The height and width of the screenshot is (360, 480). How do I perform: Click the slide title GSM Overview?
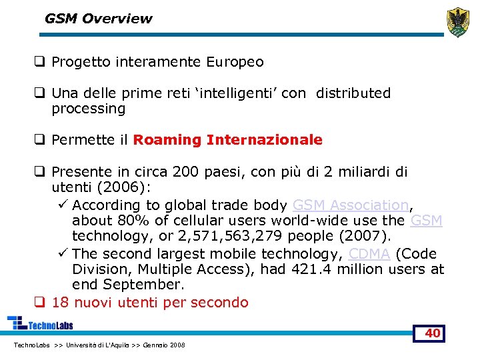[x=98, y=19]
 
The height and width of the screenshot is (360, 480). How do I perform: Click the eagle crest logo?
[x=458, y=22]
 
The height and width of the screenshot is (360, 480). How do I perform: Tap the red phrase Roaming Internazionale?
[x=227, y=140]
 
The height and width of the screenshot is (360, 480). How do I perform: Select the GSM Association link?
[x=350, y=205]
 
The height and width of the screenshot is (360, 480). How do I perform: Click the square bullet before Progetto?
[x=40, y=62]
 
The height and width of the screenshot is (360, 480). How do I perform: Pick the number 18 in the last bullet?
[x=60, y=302]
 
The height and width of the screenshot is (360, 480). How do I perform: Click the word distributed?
[x=353, y=93]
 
